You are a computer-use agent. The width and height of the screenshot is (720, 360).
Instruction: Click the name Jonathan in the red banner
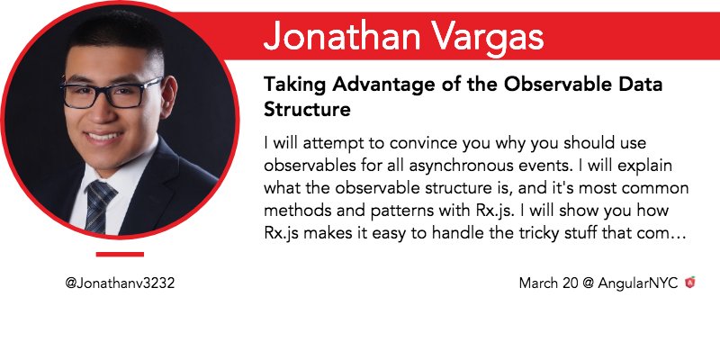340,36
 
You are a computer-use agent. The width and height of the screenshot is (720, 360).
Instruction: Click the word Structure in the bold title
307,110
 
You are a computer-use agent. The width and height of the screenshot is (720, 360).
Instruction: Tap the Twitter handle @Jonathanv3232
120,283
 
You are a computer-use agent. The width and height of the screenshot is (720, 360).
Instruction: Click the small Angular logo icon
690,283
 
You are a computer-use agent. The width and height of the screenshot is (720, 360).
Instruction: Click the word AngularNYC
638,283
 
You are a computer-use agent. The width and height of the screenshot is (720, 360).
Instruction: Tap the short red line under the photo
120,255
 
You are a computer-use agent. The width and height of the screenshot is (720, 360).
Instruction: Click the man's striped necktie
99,207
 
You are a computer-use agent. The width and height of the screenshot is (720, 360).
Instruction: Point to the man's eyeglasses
112,93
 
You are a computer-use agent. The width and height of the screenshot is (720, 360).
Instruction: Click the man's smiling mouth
103,137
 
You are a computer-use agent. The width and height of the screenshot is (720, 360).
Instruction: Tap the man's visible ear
169,94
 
